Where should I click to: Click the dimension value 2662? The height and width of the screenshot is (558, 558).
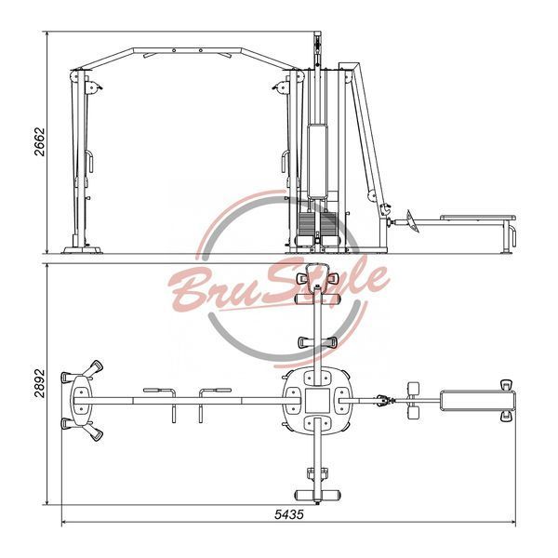click(40, 142)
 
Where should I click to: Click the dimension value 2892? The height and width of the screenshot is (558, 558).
click(40, 383)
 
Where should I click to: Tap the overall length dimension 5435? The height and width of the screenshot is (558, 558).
click(289, 514)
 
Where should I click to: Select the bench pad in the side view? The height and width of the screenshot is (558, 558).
click(478, 218)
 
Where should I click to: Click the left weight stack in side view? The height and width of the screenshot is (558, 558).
click(306, 223)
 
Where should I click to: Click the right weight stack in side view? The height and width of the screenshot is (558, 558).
click(328, 223)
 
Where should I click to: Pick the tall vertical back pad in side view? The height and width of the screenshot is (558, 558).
click(317, 161)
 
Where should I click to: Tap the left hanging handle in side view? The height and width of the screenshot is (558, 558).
click(89, 161)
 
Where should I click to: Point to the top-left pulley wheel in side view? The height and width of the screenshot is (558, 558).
click(74, 76)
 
